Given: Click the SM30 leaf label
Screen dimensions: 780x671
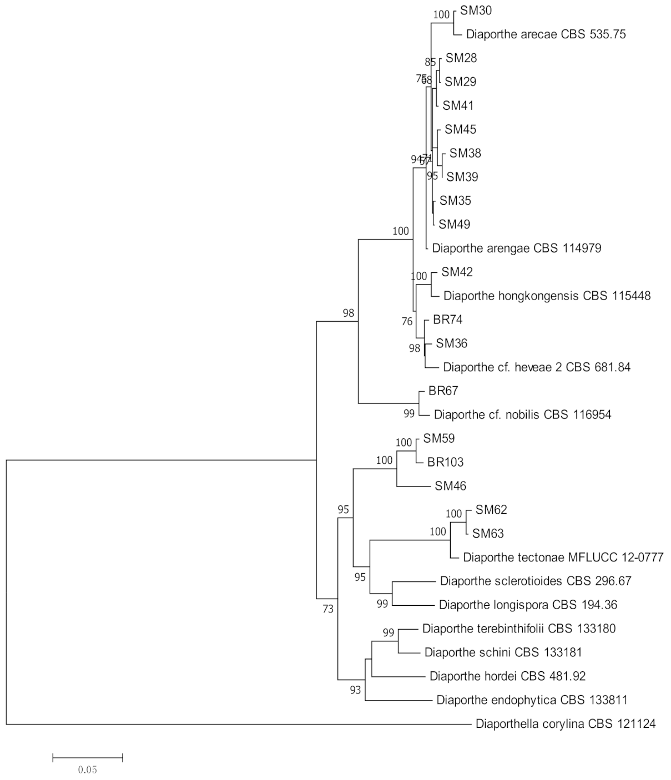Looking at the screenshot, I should [476, 11].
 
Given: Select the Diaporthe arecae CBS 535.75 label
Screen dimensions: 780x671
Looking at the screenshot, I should [546, 34].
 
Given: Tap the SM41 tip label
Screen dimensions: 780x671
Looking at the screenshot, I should [458, 105].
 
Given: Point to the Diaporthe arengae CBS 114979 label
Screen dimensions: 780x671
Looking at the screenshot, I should [516, 248].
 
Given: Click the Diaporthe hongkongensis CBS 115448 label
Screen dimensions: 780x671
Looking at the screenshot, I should [547, 296].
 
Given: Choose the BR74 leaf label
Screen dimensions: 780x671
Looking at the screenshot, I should [447, 320].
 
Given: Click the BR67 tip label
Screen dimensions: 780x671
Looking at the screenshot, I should [443, 391].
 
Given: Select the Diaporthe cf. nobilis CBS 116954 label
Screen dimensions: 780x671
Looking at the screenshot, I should [522, 414].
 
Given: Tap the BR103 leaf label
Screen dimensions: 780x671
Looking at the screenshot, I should [445, 462].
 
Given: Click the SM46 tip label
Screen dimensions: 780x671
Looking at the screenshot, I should [450, 486].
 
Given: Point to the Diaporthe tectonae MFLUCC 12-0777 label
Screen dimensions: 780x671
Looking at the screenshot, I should [563, 557].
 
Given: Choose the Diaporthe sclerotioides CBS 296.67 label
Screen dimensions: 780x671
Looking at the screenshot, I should [536, 581].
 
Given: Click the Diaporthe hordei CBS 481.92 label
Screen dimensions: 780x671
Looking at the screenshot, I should [507, 676].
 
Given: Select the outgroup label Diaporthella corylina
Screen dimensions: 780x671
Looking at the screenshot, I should [566, 724].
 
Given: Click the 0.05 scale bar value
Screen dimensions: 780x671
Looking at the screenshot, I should [87, 769].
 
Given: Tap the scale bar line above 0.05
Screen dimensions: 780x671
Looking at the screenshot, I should [87, 757].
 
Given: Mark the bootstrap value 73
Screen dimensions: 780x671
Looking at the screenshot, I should [328, 609].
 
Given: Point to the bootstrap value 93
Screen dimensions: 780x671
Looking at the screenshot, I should [355, 690].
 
